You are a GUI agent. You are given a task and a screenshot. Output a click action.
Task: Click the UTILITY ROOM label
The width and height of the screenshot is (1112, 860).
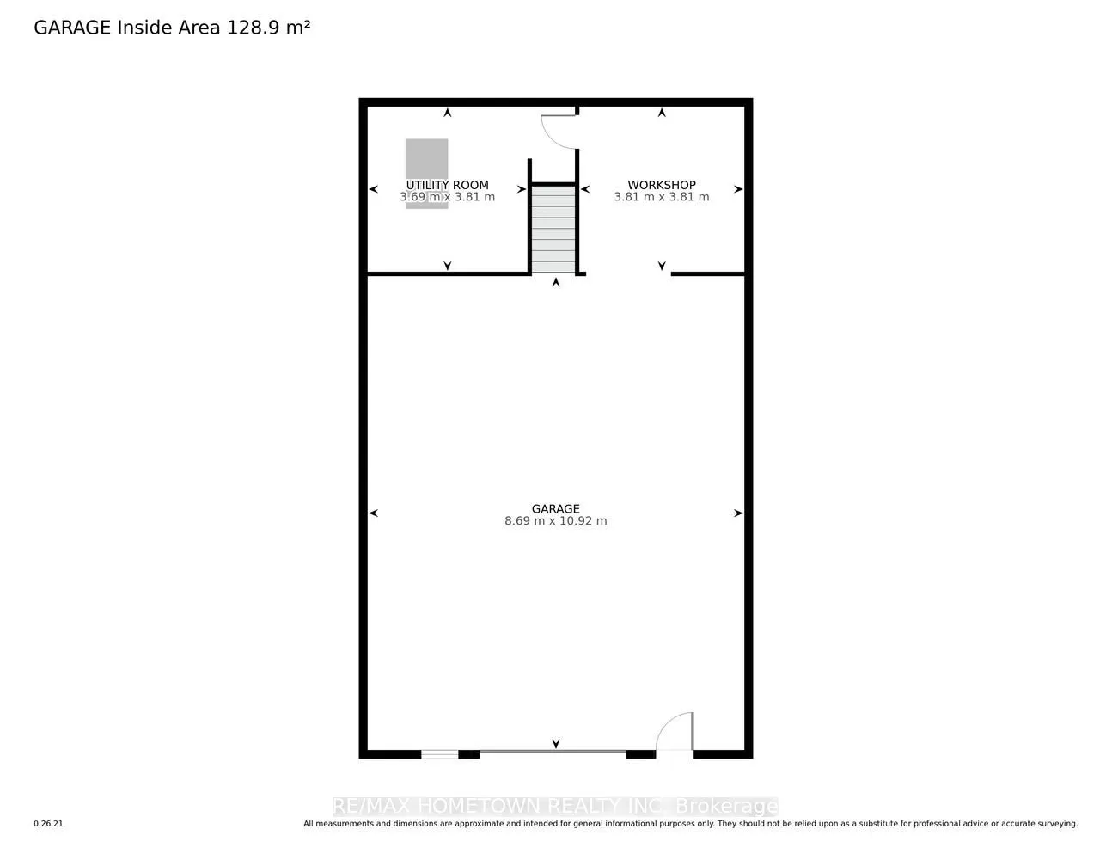447,185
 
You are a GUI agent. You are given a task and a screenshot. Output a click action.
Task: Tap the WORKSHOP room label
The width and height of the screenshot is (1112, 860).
661,185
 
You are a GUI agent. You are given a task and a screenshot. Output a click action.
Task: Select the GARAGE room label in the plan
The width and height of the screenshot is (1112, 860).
555,508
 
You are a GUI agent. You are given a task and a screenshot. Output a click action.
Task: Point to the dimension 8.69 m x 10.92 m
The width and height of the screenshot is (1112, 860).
555,521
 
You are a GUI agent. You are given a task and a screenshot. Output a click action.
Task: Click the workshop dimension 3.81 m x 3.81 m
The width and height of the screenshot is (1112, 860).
661,197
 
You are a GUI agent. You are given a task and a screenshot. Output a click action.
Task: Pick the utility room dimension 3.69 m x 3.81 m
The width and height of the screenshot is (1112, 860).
447,197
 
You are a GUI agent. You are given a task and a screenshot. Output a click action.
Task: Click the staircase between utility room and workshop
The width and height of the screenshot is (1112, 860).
553,229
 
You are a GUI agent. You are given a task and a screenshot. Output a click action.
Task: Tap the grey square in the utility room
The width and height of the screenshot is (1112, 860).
427,159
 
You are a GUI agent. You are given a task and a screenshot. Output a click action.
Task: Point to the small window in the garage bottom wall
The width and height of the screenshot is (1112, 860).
439,754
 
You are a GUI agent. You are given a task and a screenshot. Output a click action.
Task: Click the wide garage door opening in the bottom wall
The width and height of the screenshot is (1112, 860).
553,752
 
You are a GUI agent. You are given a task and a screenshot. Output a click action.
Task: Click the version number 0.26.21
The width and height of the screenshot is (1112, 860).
49,824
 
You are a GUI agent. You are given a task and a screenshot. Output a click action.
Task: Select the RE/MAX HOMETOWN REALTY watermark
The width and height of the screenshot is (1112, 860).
555,807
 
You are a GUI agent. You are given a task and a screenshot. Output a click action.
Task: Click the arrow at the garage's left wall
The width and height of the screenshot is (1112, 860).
373,513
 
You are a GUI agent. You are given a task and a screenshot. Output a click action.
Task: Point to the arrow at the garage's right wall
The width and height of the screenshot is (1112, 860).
737,513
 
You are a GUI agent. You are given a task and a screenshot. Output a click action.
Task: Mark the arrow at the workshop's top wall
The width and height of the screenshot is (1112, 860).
662,113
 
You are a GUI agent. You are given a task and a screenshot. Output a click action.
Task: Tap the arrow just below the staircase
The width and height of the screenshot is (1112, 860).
556,281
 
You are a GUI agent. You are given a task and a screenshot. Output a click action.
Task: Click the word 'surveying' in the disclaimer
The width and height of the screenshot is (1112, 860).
1056,824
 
